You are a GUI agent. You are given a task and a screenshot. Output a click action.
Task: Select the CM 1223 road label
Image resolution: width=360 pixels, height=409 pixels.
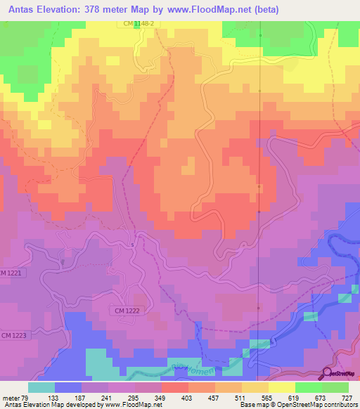coord(13,336)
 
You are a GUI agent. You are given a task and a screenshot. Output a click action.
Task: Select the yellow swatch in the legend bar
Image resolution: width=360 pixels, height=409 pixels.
coord(281,387)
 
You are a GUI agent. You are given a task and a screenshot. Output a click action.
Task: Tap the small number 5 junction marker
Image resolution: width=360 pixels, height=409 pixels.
coord(131,245)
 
